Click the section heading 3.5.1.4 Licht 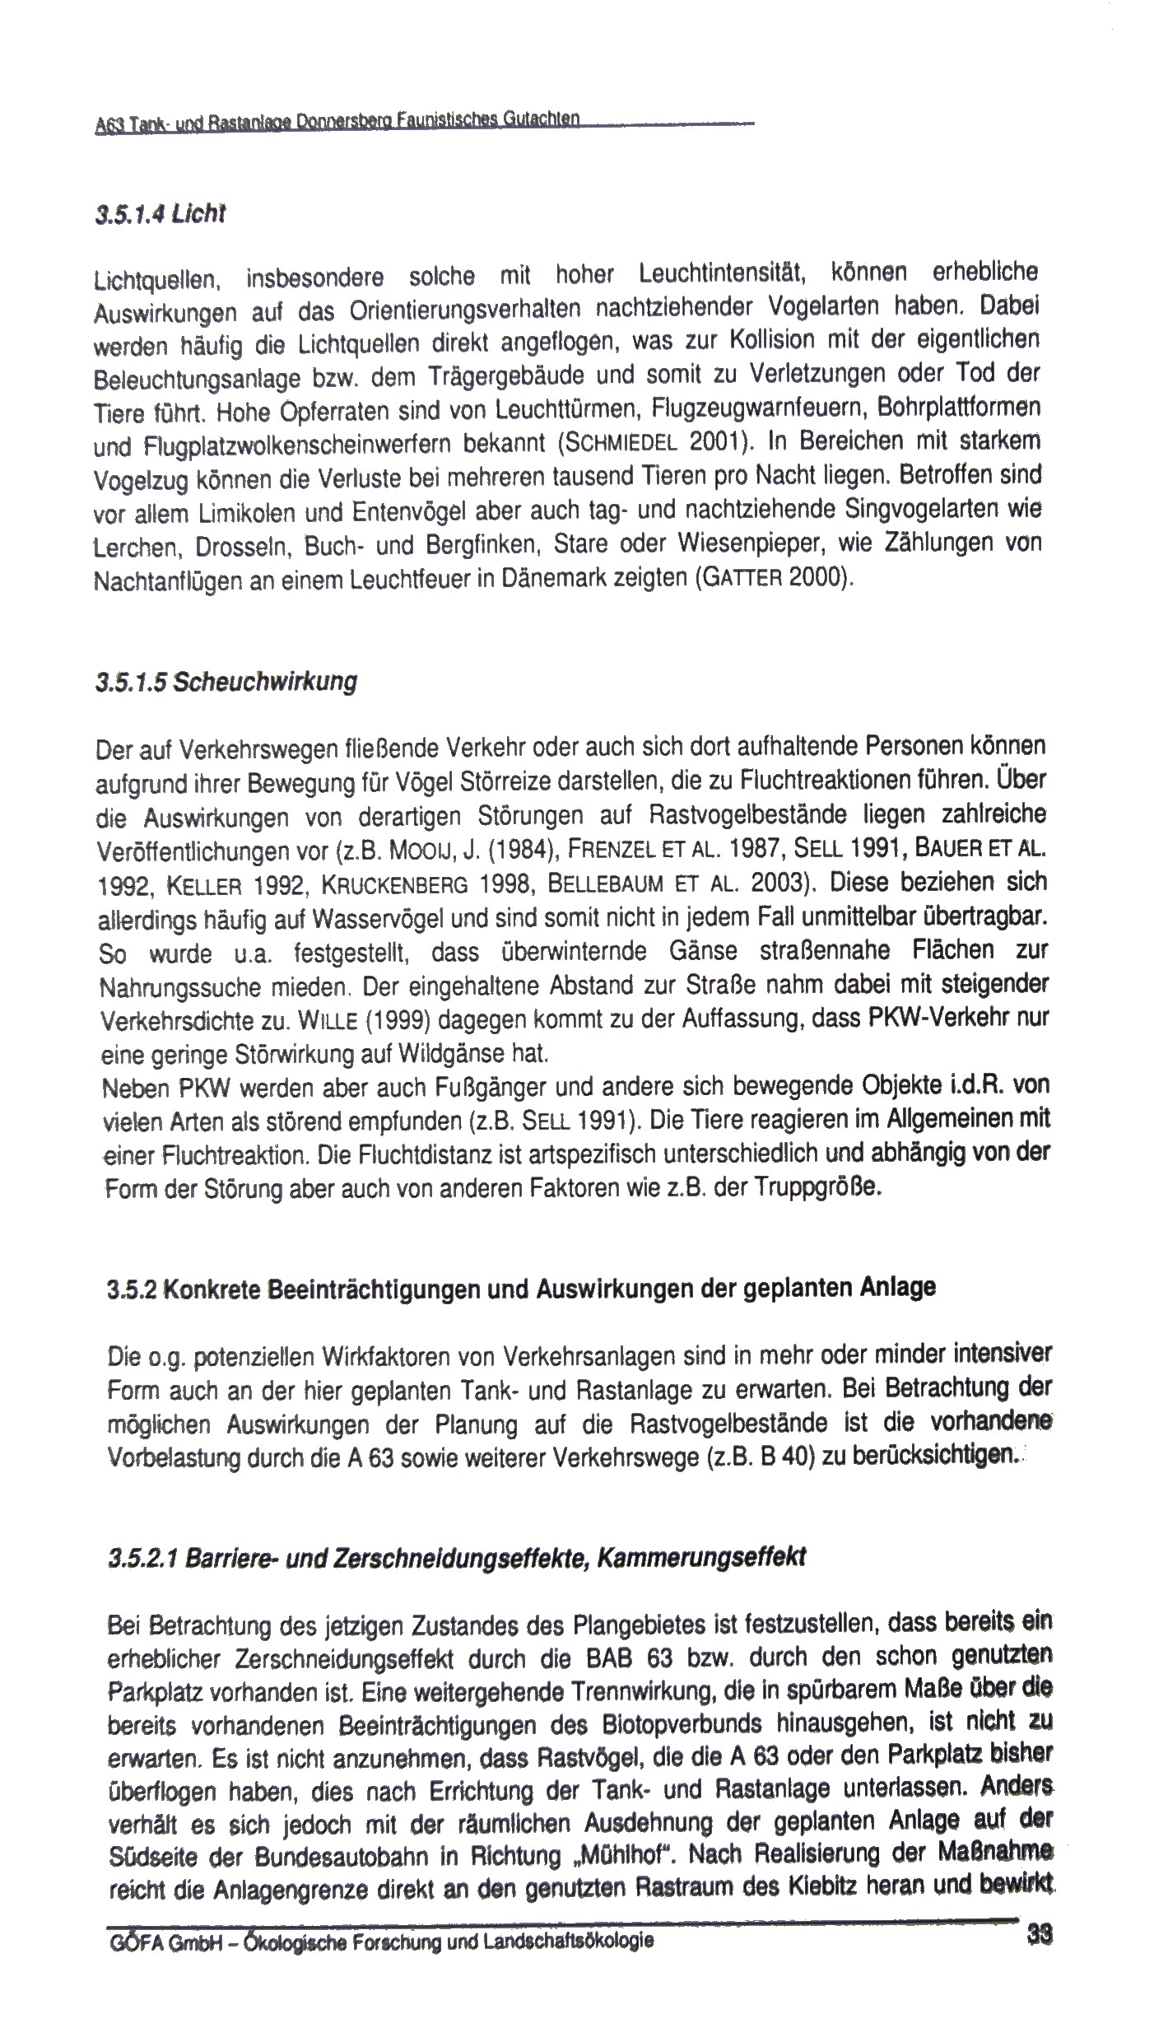[160, 215]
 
